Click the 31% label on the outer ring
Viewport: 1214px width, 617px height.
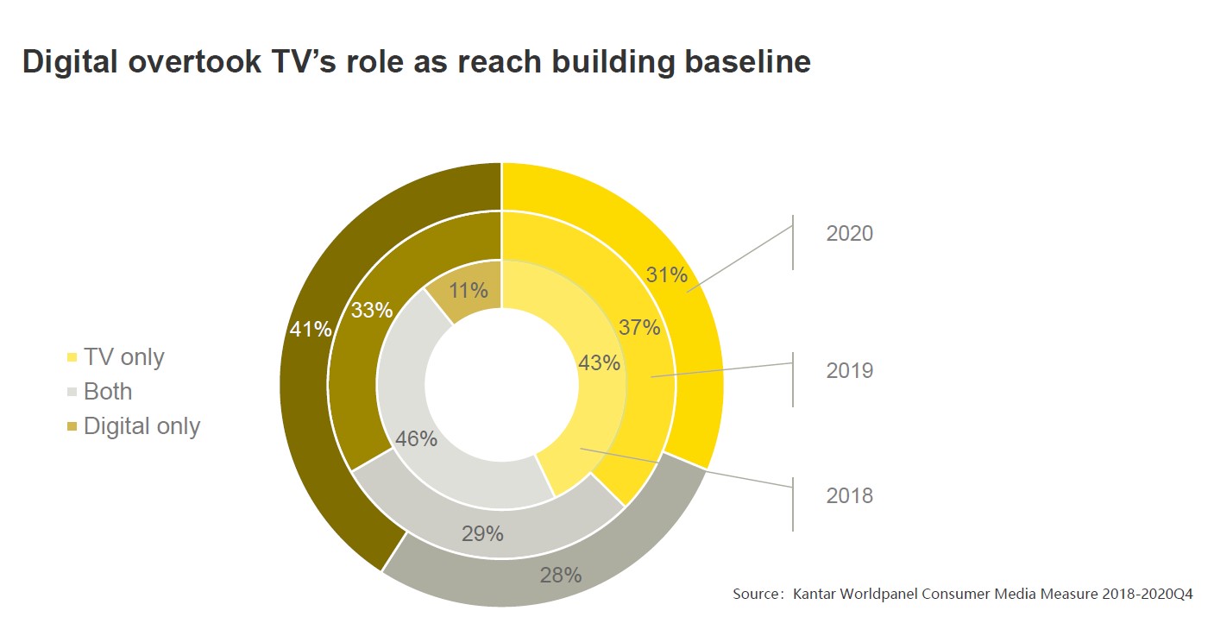coord(666,275)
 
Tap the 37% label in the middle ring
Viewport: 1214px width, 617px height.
coord(639,327)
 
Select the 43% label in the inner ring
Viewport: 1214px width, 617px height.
coord(599,363)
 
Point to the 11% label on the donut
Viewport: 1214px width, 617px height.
coord(468,291)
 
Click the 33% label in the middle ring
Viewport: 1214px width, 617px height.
coord(371,310)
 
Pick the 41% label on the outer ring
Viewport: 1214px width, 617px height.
coord(311,329)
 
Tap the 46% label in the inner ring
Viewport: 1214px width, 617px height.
coord(416,439)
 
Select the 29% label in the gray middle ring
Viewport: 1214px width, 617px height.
coord(481,533)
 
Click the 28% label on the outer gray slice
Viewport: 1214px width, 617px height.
coord(560,575)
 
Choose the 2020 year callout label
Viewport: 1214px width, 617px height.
coord(849,234)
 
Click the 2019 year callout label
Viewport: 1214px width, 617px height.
coord(849,371)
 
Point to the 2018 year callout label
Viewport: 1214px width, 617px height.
coord(849,496)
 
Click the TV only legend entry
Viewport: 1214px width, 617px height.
coord(123,357)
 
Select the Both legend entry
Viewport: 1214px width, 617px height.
coord(108,392)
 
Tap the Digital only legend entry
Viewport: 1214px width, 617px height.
coord(142,426)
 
